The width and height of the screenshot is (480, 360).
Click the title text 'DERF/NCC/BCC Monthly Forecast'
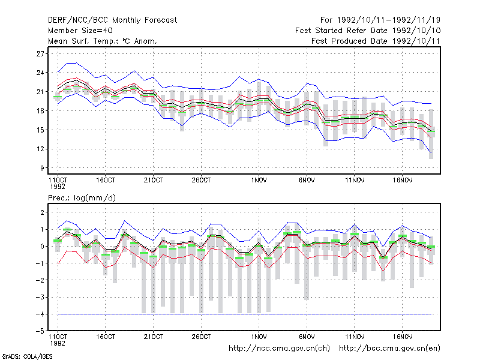112,20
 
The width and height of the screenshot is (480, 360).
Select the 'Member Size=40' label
80,31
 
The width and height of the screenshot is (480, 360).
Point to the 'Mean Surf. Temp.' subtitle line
103,41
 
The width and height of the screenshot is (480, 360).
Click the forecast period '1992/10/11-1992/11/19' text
389,20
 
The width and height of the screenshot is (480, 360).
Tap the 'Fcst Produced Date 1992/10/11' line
376,41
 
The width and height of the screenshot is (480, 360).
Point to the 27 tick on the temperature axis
40,54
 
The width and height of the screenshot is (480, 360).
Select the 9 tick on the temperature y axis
42,168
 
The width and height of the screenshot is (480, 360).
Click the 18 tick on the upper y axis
40,111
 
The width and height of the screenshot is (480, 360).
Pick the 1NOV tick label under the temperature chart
259,181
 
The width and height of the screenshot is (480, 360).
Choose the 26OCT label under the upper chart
201,181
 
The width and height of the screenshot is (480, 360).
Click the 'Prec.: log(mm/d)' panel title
82,198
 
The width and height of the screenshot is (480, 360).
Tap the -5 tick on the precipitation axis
40,331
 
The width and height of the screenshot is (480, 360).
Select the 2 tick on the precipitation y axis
42,212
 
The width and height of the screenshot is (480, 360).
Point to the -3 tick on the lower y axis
40,297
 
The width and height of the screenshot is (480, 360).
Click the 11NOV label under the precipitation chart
355,337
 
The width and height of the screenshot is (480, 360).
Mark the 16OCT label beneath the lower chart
106,337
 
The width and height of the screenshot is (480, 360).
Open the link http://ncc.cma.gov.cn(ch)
279,349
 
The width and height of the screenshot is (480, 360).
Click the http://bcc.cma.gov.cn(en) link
389,349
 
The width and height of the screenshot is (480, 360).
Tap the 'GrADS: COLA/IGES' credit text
27,356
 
